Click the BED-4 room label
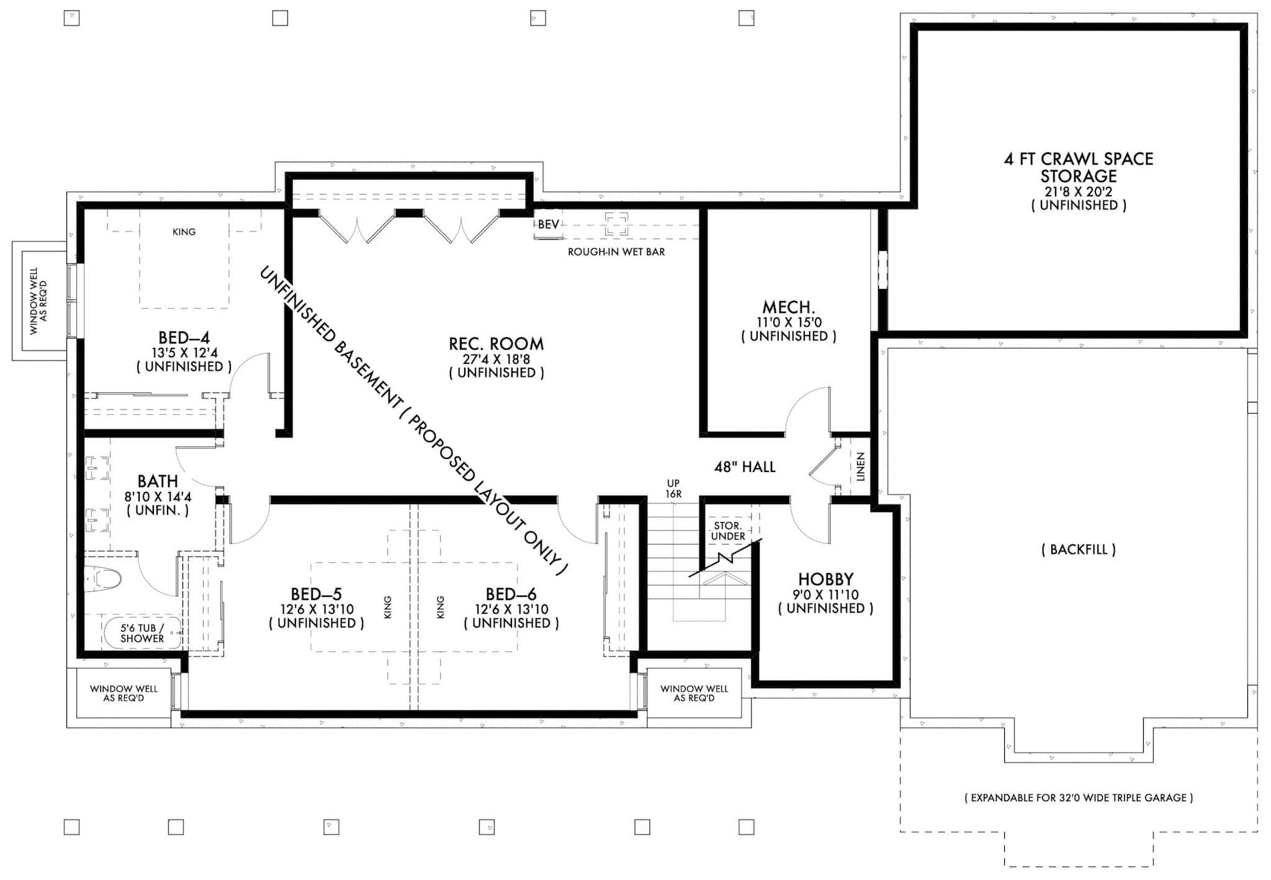(184, 338)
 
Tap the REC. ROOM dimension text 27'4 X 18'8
(496, 359)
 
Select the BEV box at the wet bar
(548, 225)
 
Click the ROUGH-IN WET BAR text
(616, 252)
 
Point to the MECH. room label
(788, 307)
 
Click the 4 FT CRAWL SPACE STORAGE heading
(1079, 167)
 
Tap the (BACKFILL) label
(1079, 550)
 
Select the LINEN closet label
(860, 467)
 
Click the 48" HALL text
(745, 467)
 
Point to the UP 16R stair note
(673, 488)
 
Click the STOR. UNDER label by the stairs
(728, 531)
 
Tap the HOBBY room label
(825, 579)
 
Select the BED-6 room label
(511, 594)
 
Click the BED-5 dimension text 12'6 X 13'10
(317, 610)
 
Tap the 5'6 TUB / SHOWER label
(142, 633)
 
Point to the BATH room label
(158, 481)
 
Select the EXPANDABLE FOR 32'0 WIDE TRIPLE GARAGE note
(1079, 798)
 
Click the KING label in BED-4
(184, 232)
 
